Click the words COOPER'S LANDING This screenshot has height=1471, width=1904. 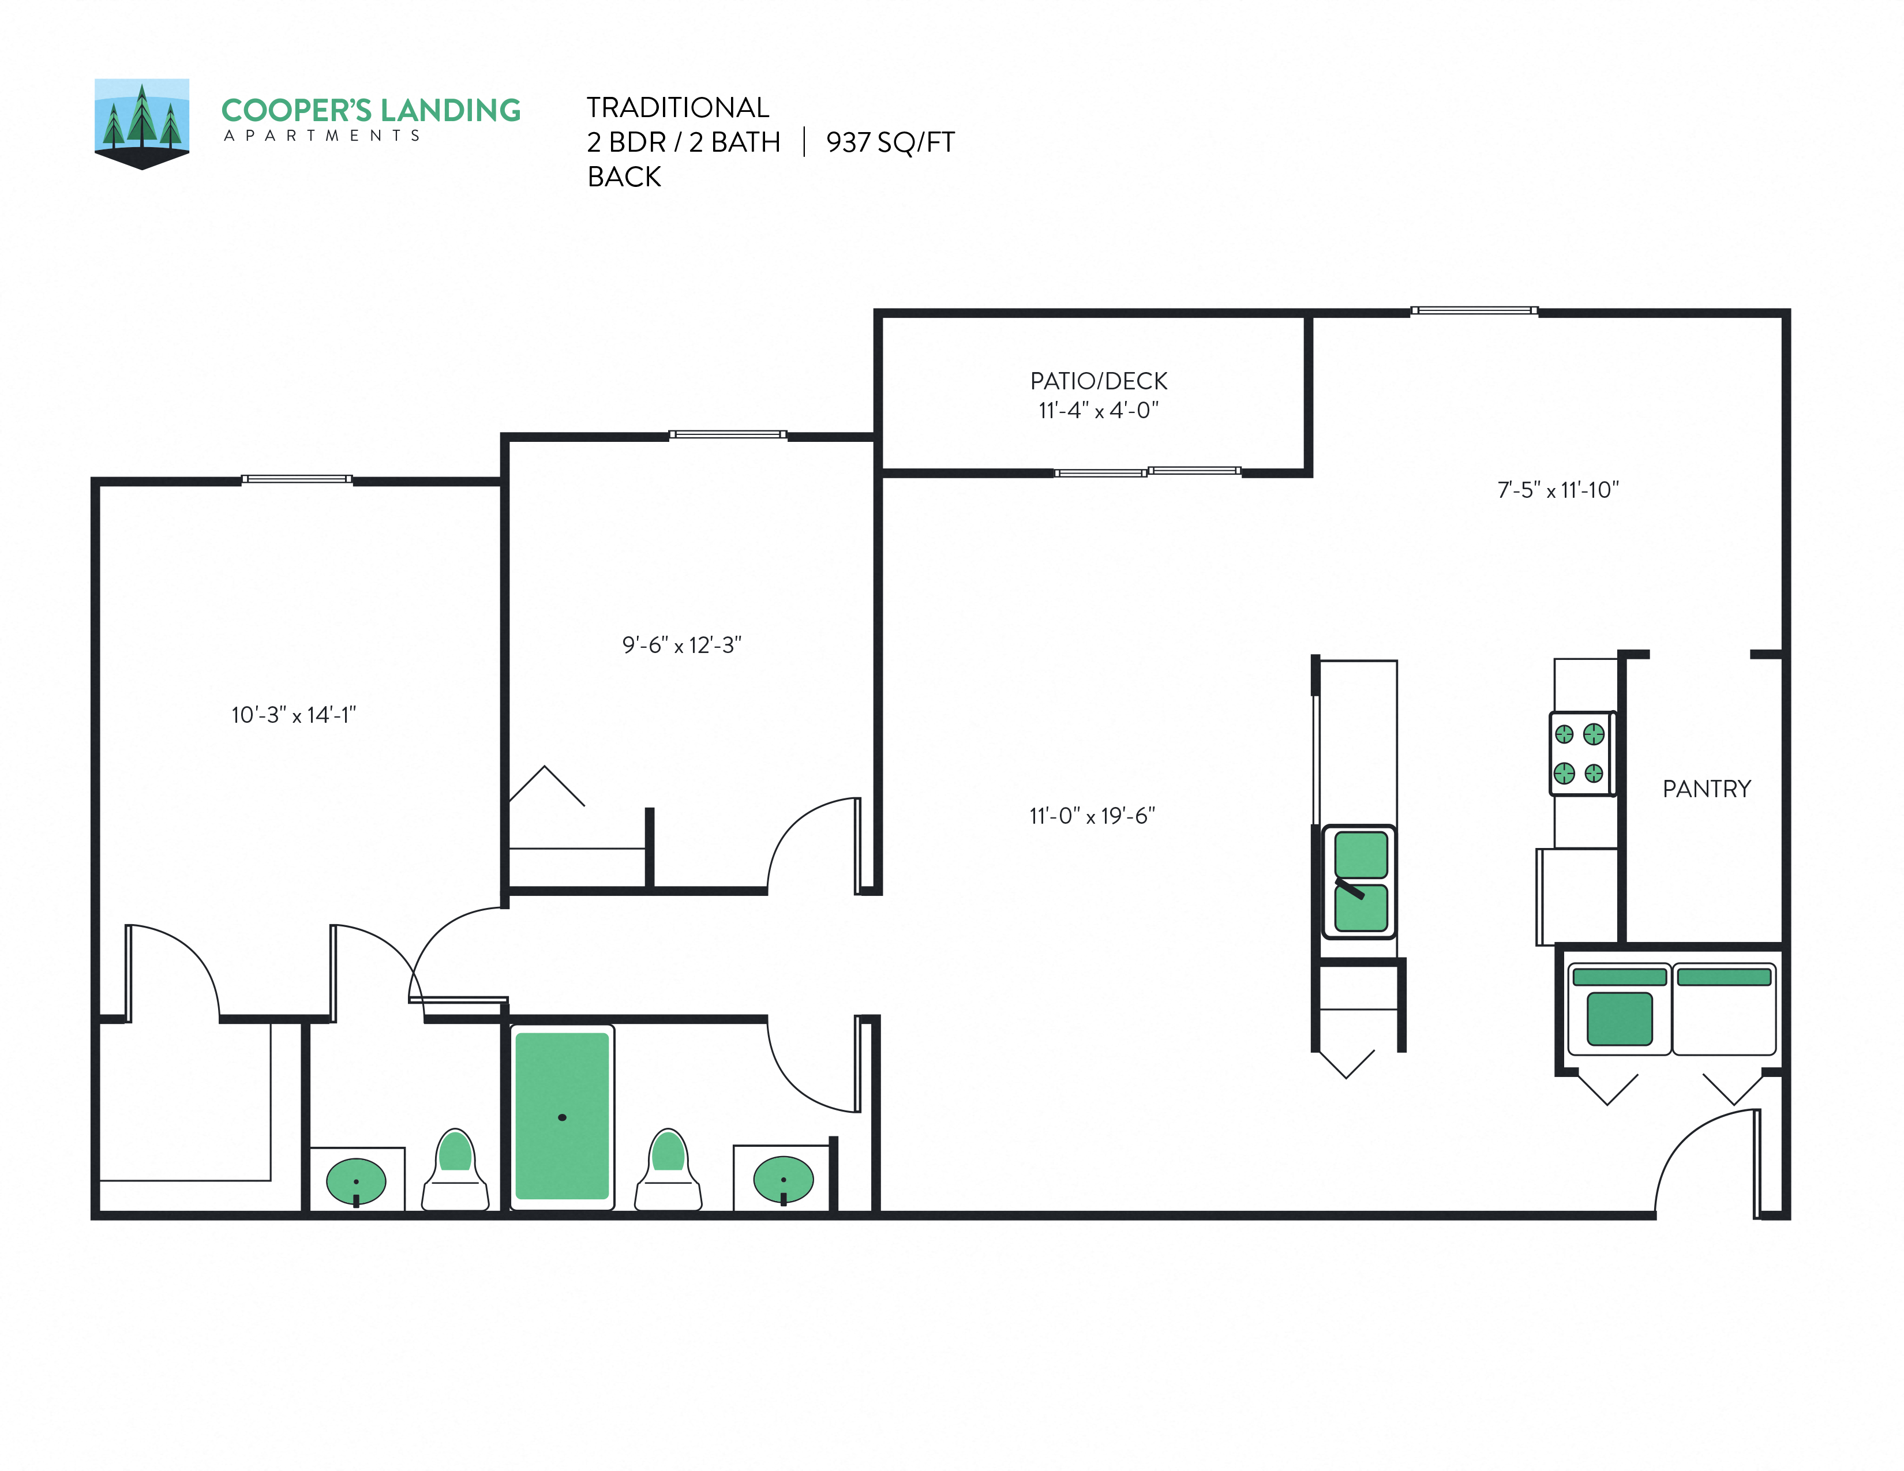tap(370, 111)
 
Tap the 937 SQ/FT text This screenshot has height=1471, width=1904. tap(890, 142)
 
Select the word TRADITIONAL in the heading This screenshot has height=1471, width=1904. tap(677, 107)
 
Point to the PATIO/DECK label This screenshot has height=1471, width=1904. tap(1099, 381)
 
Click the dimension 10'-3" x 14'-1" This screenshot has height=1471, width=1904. tap(294, 715)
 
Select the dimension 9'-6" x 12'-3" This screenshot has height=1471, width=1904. tap(682, 645)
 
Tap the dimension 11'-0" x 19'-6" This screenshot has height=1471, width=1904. tap(1092, 816)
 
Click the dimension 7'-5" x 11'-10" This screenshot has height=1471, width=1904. tap(1558, 490)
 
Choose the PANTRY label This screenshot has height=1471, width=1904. tap(1706, 789)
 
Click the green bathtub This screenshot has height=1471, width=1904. tap(563, 1116)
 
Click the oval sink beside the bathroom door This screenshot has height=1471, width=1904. tap(783, 1180)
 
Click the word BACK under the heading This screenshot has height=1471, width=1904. tap(624, 177)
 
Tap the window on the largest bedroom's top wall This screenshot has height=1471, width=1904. tap(297, 478)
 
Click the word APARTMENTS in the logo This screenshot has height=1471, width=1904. tap(322, 136)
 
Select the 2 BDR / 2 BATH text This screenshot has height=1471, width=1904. tap(684, 142)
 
